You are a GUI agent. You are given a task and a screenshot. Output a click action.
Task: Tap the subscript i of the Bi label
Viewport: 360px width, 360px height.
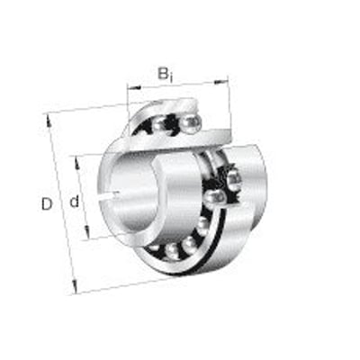pyautogui.click(x=171, y=76)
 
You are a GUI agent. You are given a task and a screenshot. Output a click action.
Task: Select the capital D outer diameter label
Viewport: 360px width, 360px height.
pyautogui.click(x=47, y=204)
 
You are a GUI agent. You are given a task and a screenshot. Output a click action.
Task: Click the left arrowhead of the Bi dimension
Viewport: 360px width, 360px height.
pyautogui.click(x=130, y=90)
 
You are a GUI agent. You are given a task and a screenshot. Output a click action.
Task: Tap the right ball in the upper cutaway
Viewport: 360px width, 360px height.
pyautogui.click(x=191, y=121)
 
